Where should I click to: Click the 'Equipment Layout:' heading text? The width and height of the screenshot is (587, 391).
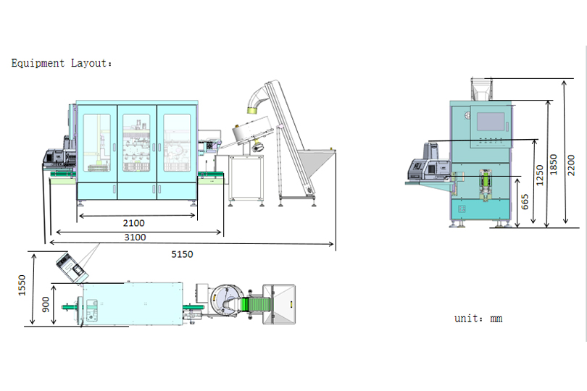click(62, 64)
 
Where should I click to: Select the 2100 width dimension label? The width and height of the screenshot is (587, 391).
click(133, 223)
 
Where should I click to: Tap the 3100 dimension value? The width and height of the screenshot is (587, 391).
click(135, 237)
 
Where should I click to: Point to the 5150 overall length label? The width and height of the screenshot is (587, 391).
click(182, 254)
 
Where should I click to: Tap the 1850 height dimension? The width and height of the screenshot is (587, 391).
click(554, 164)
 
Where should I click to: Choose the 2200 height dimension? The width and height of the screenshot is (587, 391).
click(571, 164)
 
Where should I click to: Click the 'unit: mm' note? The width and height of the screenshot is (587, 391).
click(478, 319)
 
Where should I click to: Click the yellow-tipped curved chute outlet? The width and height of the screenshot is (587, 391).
click(252, 109)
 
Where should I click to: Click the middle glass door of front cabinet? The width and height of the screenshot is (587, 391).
click(136, 143)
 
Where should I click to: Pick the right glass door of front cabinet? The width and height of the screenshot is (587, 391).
click(175, 143)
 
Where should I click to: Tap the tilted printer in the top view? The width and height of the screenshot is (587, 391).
click(70, 268)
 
